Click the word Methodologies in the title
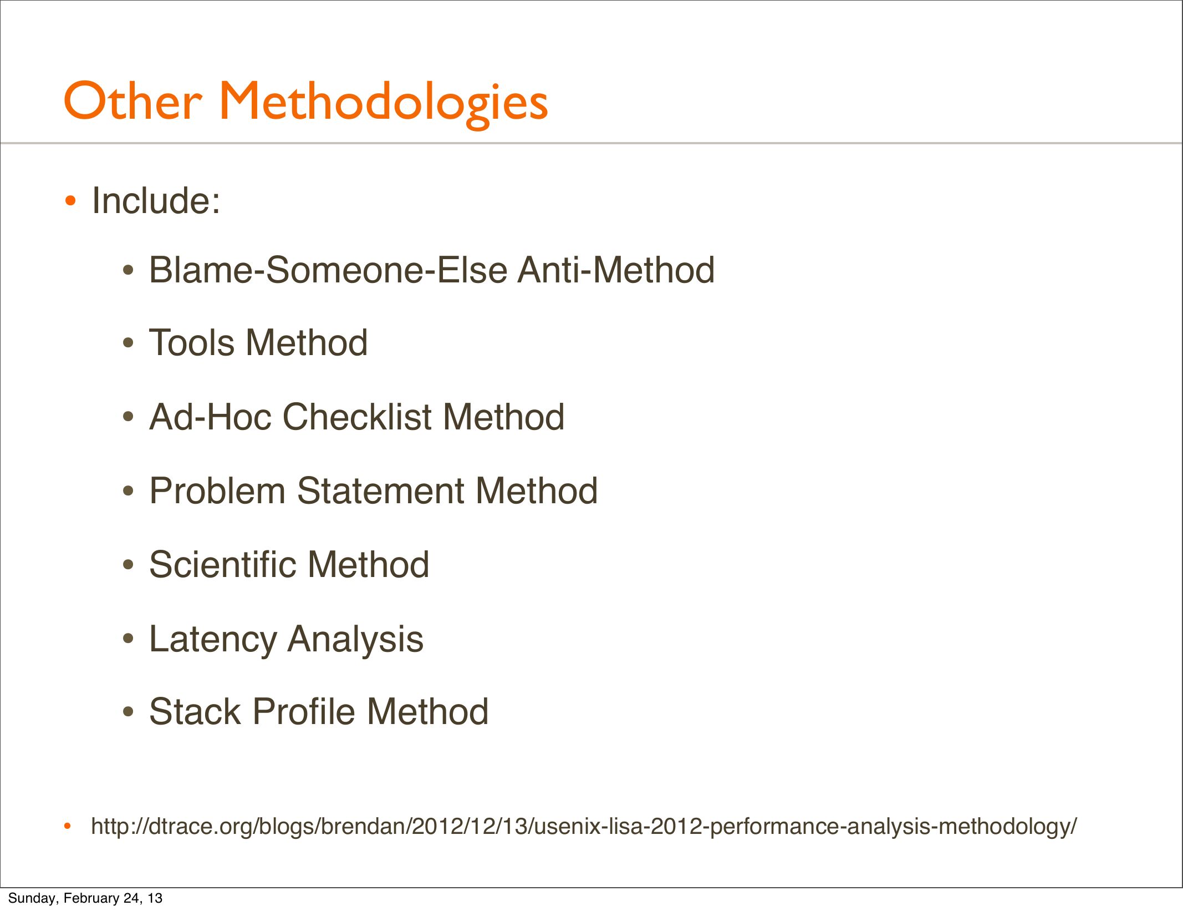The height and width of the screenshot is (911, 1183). coord(384,104)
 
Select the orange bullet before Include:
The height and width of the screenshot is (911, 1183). coord(70,200)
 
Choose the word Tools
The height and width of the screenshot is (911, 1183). coord(192,342)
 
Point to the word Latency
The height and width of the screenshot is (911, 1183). coord(213,639)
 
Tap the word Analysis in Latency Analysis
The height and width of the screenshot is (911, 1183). coord(355,639)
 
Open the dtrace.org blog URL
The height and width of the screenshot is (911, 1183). coord(584,827)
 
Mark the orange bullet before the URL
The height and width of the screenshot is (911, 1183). coord(68,827)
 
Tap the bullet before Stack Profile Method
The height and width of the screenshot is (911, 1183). coord(129,712)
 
